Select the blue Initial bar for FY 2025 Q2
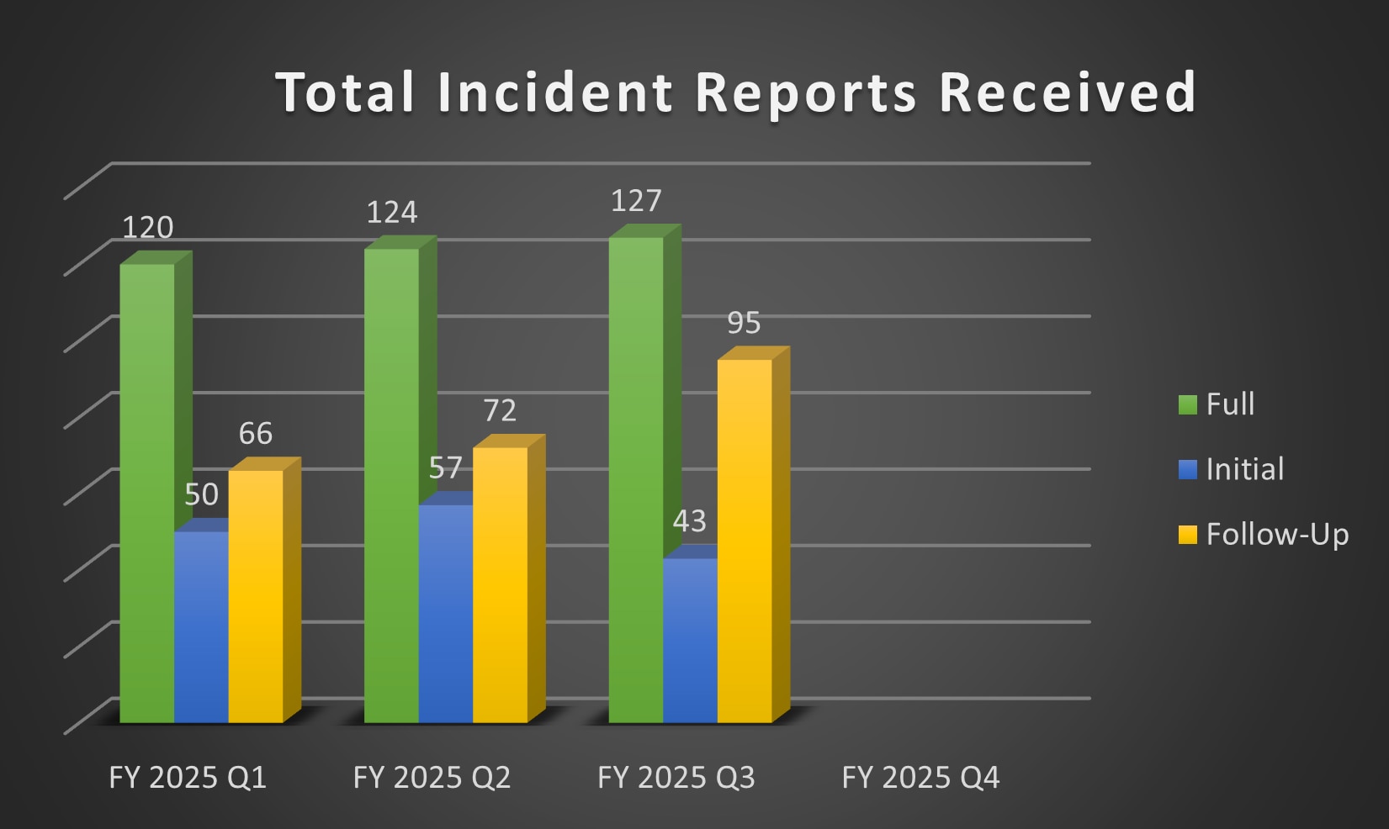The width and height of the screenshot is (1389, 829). click(445, 613)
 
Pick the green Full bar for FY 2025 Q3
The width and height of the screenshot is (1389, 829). click(635, 479)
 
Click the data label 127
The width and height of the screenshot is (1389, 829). click(636, 201)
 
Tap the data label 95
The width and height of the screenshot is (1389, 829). click(744, 323)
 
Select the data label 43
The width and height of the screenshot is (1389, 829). click(689, 521)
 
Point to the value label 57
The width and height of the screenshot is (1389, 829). click(445, 467)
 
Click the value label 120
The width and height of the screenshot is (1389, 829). click(148, 228)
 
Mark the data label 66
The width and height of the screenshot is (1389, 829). click(255, 434)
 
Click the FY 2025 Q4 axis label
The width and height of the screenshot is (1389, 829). click(920, 778)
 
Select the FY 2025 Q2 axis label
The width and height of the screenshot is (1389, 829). click(432, 778)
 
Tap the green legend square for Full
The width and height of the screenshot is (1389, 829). click(1187, 404)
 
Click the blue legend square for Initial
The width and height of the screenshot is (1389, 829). click(1187, 469)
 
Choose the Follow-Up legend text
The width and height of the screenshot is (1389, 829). click(1277, 535)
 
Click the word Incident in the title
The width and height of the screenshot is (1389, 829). click(555, 92)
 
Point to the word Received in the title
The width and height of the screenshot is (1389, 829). click(1067, 92)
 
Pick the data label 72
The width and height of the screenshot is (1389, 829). click(500, 410)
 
